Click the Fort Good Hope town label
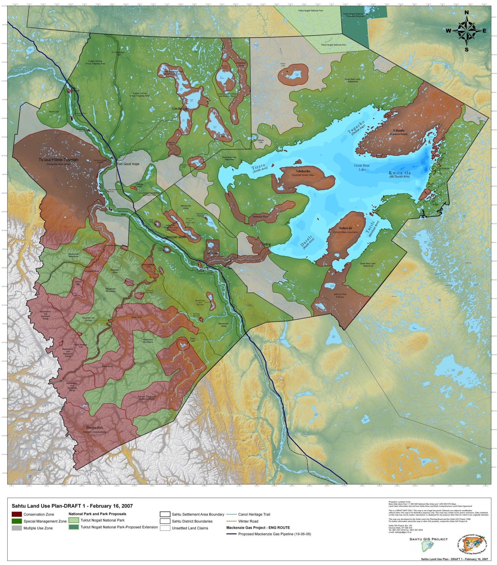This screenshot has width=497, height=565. tap(128, 164)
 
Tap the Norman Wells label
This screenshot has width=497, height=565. tap(176, 237)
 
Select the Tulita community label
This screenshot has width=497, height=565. tap(200, 270)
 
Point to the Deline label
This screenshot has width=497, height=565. tap(266, 244)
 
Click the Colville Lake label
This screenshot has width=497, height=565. tap(181, 109)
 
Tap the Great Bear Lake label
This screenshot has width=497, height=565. tap(362, 167)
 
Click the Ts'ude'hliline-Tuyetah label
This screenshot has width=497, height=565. tap(58, 160)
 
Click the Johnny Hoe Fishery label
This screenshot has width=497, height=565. tap(340, 295)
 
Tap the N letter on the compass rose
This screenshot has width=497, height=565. tap(466, 13)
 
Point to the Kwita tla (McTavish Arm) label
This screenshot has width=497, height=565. tap(399, 175)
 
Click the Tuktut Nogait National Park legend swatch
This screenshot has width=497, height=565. tap(74, 520)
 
